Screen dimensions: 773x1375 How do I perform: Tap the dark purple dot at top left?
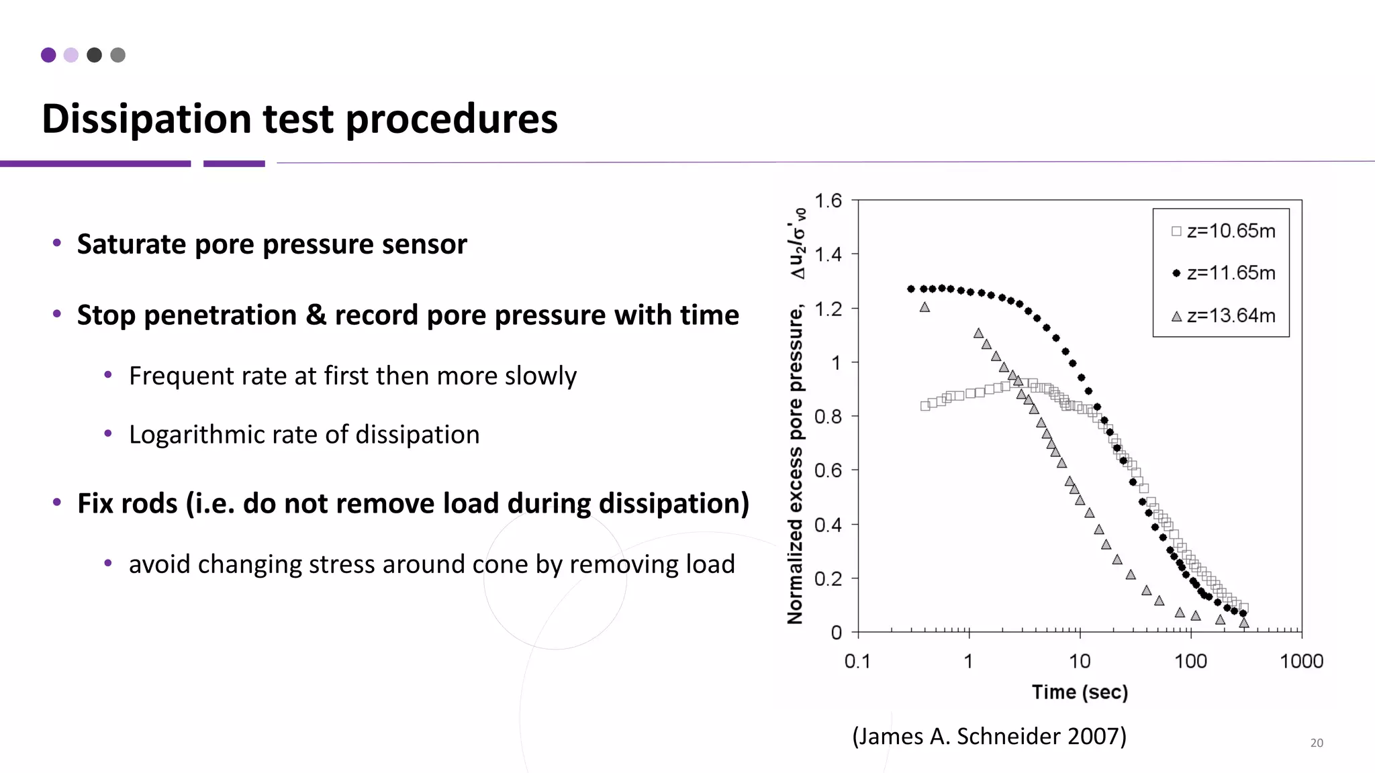click(x=48, y=55)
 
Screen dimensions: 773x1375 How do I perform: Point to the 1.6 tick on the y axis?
click(x=828, y=201)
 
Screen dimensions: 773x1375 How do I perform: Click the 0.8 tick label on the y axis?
click(x=828, y=417)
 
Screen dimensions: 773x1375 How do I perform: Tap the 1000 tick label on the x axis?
click(x=1301, y=662)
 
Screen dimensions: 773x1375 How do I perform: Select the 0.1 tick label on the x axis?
click(x=857, y=662)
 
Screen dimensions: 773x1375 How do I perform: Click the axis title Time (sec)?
click(x=1080, y=692)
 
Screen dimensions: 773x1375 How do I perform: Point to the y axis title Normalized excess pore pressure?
click(x=796, y=463)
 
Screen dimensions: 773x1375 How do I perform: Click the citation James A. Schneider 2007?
click(x=989, y=736)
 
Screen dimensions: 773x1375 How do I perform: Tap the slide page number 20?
click(x=1317, y=743)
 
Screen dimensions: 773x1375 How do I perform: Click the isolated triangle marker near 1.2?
click(x=924, y=307)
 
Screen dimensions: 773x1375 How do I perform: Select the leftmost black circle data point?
click(x=911, y=289)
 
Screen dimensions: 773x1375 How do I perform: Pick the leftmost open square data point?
click(x=925, y=406)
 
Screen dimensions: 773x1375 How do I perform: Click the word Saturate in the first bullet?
click(x=131, y=244)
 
